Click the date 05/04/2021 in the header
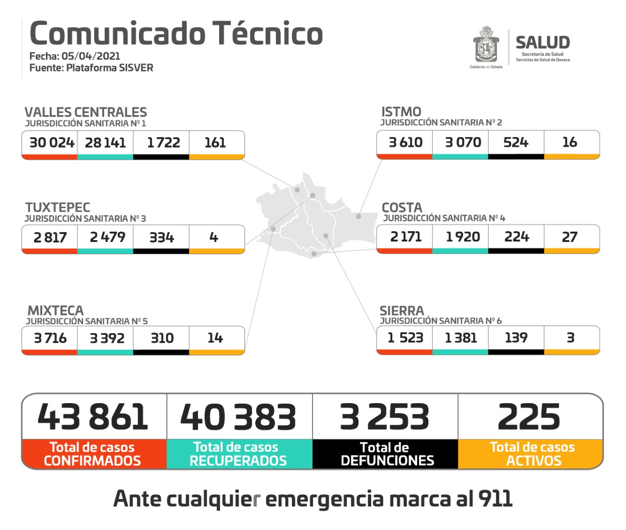click(x=90, y=56)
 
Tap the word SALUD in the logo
click(x=542, y=43)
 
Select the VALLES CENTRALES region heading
click(x=86, y=112)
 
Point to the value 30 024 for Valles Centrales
click(x=51, y=143)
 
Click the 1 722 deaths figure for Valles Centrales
click(x=163, y=143)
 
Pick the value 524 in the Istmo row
click(x=515, y=143)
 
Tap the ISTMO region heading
click(x=401, y=112)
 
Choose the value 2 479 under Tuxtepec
click(x=107, y=237)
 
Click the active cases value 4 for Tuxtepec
click(x=214, y=237)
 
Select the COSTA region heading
click(x=402, y=207)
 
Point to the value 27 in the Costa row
click(x=569, y=237)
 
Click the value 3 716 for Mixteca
click(x=50, y=338)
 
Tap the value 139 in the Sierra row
click(x=516, y=337)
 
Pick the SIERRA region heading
click(x=402, y=311)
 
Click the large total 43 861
click(x=93, y=417)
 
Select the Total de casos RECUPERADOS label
click(x=238, y=454)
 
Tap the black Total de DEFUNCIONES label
click(x=386, y=454)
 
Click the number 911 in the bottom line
click(x=495, y=499)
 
